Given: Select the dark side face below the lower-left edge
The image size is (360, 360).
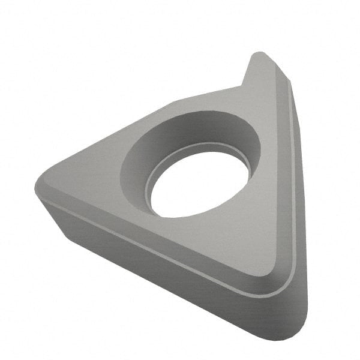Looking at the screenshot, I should (x=150, y=264).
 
